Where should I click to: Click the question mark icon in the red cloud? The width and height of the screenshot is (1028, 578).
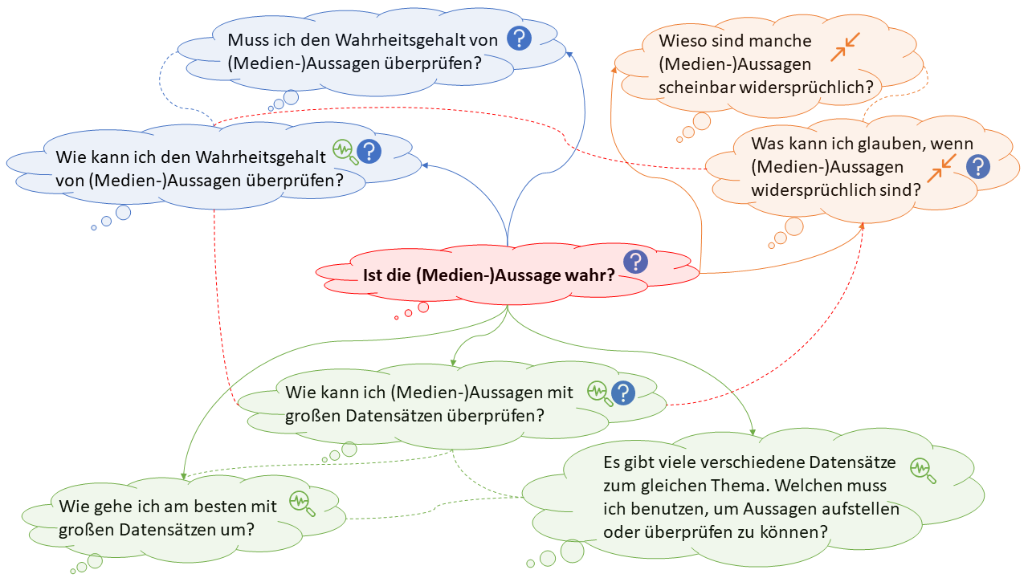[636, 261]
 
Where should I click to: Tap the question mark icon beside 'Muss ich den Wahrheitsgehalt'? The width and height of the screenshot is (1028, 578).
[520, 38]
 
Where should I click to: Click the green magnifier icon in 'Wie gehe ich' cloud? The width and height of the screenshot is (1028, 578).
[302, 502]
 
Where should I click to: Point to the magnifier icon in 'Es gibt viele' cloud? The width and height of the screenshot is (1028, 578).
[923, 470]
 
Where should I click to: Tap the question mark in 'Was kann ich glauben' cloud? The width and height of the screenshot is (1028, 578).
[977, 166]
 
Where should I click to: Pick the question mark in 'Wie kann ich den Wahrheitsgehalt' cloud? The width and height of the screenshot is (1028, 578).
[369, 151]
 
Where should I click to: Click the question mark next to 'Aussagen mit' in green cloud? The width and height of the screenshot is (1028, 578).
[623, 393]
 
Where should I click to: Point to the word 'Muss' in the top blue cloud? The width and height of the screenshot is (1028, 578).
[249, 40]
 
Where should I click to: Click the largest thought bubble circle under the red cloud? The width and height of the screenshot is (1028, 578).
[423, 307]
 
